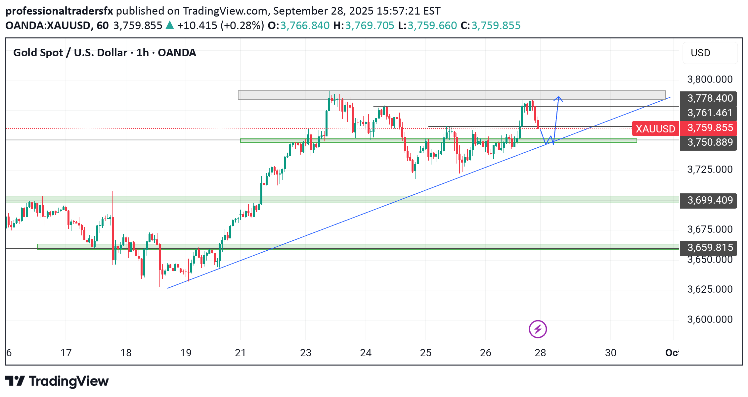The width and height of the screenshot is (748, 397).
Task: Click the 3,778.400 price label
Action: (710, 98)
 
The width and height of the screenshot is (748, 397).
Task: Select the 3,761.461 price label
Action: (710, 113)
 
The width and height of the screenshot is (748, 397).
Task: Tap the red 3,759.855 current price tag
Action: (710, 128)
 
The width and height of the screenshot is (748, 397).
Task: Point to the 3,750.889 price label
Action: (710, 142)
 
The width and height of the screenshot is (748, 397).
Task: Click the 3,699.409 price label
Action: (710, 200)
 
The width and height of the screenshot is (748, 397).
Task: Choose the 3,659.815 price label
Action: (710, 248)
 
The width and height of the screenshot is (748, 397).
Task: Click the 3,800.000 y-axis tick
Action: (710, 79)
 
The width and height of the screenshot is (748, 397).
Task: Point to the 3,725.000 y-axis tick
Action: (710, 170)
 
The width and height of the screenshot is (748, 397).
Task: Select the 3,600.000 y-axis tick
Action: (710, 320)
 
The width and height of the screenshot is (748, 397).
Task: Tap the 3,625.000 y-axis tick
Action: (710, 289)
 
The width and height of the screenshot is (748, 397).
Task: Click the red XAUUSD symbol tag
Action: (655, 128)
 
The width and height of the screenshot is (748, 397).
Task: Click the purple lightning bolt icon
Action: (538, 329)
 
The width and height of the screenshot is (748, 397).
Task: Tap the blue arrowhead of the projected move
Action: (558, 98)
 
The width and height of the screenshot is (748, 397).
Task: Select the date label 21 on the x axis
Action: (240, 353)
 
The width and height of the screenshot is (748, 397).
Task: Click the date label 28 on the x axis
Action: (540, 353)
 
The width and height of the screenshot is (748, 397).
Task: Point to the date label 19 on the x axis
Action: (186, 353)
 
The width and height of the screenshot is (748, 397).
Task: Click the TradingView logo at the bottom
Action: (57, 381)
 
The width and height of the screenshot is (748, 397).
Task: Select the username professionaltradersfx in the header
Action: (59, 11)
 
